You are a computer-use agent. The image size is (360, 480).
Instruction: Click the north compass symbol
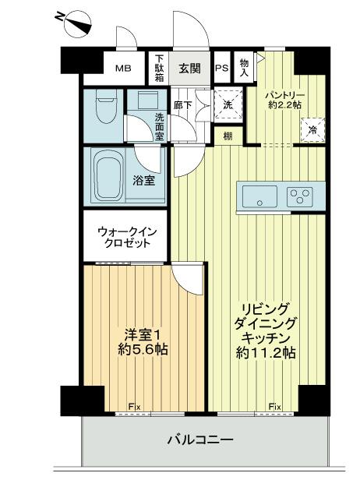point(73,23)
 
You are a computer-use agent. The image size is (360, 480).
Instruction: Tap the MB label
point(123,68)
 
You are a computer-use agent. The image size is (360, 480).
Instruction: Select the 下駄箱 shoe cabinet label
point(159,69)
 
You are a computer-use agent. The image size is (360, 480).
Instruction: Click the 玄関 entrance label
point(190,69)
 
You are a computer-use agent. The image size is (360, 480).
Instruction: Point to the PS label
point(221,68)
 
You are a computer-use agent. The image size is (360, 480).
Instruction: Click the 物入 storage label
point(245,68)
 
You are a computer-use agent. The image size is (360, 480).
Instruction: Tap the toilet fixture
point(106,107)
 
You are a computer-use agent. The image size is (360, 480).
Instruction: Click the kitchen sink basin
point(259,196)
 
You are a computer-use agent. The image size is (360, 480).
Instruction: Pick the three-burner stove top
point(300,197)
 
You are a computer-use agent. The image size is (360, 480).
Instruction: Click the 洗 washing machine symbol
point(228,104)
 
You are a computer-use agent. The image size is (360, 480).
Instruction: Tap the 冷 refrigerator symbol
point(312,130)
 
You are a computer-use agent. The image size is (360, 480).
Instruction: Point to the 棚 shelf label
point(228,136)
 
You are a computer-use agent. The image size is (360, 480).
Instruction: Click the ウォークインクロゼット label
point(127,237)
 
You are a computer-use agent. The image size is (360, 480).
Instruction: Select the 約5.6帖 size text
point(143,349)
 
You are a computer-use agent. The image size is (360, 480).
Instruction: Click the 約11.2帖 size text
point(266,353)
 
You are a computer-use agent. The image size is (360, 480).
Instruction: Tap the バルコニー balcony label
point(200,440)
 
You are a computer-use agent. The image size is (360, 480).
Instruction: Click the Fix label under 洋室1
point(134,407)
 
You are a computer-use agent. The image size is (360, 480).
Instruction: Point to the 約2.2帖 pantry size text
point(284,104)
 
